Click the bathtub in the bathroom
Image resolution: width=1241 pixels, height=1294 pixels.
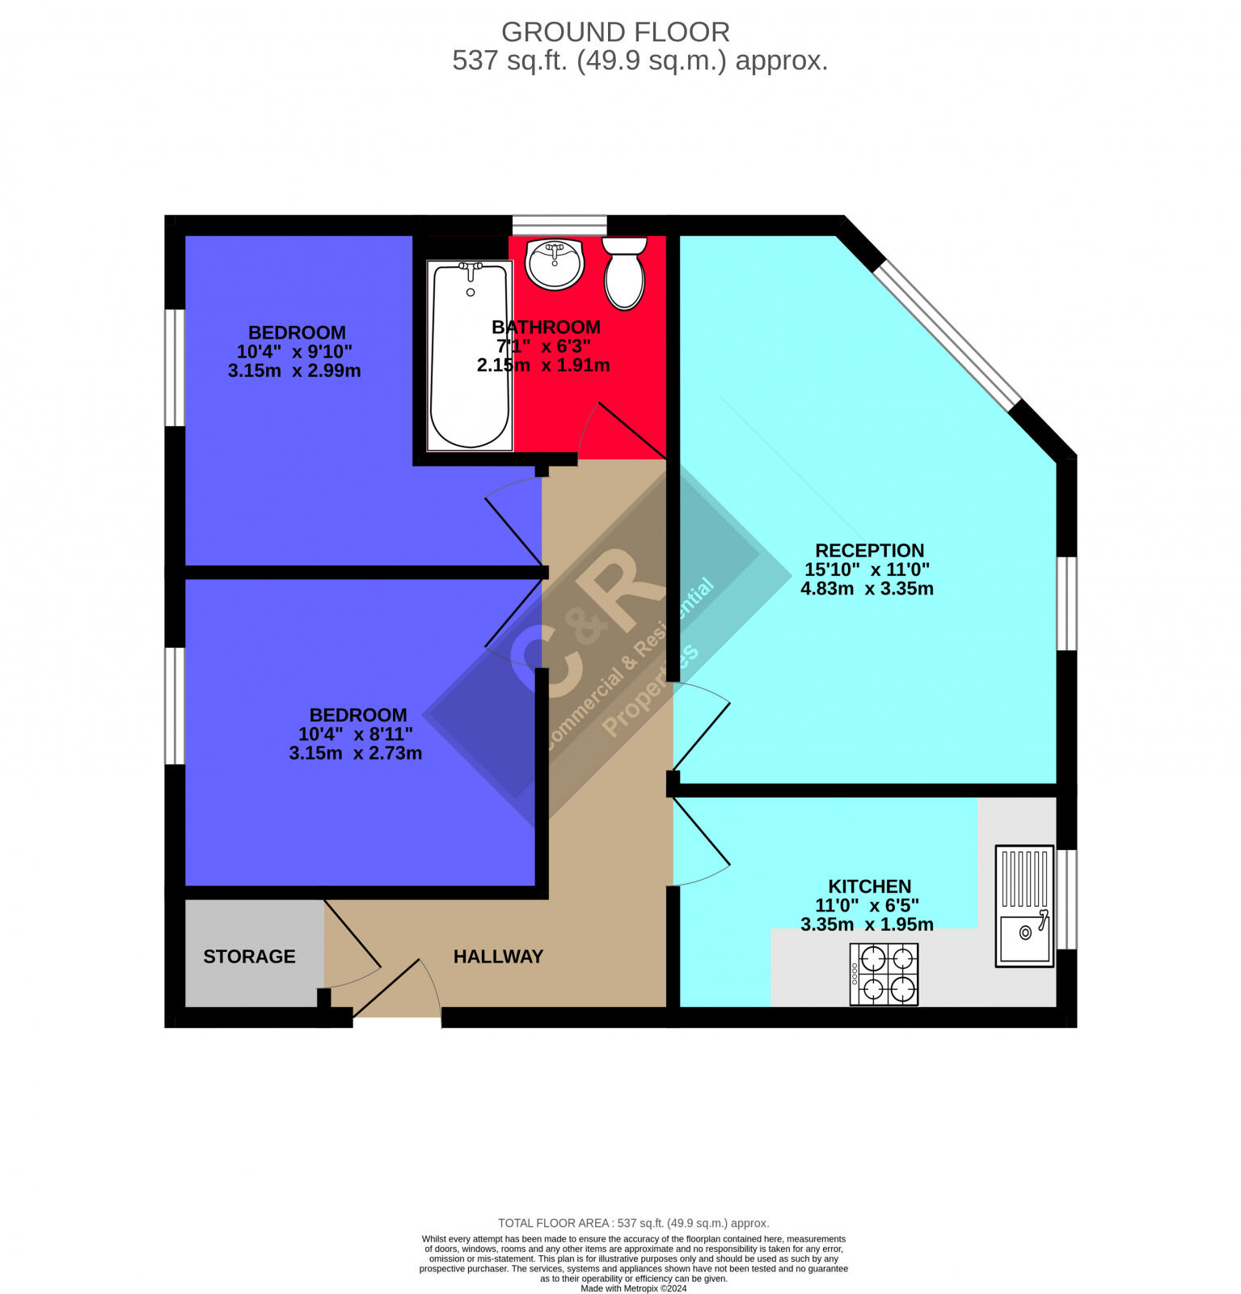click(x=470, y=356)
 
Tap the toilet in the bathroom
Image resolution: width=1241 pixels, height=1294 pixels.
click(x=625, y=273)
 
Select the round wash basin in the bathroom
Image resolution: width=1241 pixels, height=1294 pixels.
click(x=555, y=264)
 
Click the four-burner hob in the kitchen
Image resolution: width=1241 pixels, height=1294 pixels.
click(x=884, y=974)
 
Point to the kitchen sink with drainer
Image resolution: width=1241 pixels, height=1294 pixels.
click(x=1024, y=906)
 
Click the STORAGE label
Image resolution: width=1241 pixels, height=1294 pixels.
click(x=249, y=957)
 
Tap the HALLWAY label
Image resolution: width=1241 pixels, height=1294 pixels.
click(x=498, y=957)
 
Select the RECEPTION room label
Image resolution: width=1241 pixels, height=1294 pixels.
click(x=869, y=551)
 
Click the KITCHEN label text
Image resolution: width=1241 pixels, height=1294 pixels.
click(x=869, y=886)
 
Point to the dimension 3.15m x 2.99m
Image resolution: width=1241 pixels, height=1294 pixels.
click(x=294, y=371)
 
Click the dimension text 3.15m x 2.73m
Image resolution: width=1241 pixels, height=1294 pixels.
click(x=356, y=753)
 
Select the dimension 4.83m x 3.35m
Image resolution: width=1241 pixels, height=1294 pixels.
click(x=867, y=589)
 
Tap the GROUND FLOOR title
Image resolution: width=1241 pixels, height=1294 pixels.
click(x=615, y=32)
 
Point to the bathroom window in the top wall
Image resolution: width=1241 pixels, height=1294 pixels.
click(x=559, y=224)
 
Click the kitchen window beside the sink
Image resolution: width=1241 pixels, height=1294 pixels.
click(x=1067, y=899)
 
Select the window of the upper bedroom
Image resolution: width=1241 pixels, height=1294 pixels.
click(x=175, y=367)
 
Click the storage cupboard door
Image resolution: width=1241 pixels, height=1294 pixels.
click(x=352, y=934)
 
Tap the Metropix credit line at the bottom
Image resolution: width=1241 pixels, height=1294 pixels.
click(x=633, y=1288)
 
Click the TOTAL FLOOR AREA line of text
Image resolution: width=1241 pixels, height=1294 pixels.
click(x=633, y=1223)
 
